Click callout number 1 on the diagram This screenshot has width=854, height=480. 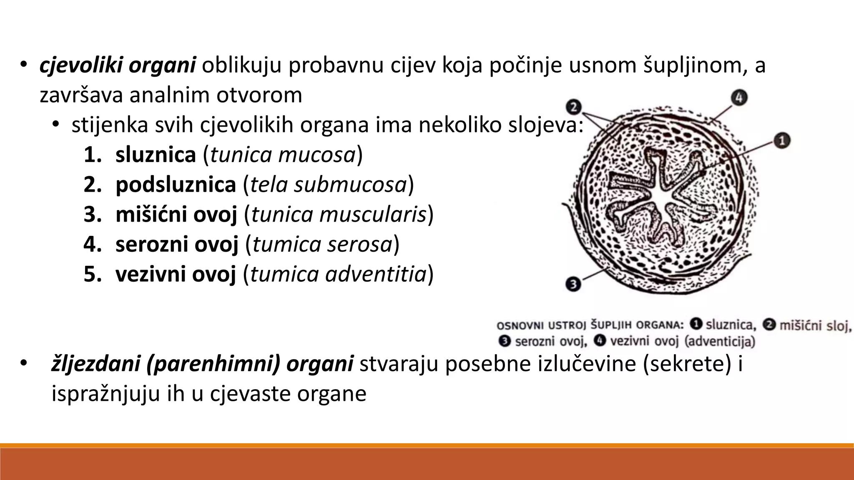point(782,141)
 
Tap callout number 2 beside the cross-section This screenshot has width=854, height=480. point(574,107)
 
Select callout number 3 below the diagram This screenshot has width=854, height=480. point(573,285)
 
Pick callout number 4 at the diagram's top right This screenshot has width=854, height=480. point(739,98)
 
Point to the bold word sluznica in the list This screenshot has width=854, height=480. point(156,155)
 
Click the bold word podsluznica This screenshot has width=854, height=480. point(176,185)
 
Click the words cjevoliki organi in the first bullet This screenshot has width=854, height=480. point(118,66)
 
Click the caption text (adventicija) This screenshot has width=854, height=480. point(720,342)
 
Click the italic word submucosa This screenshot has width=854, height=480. point(350,185)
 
